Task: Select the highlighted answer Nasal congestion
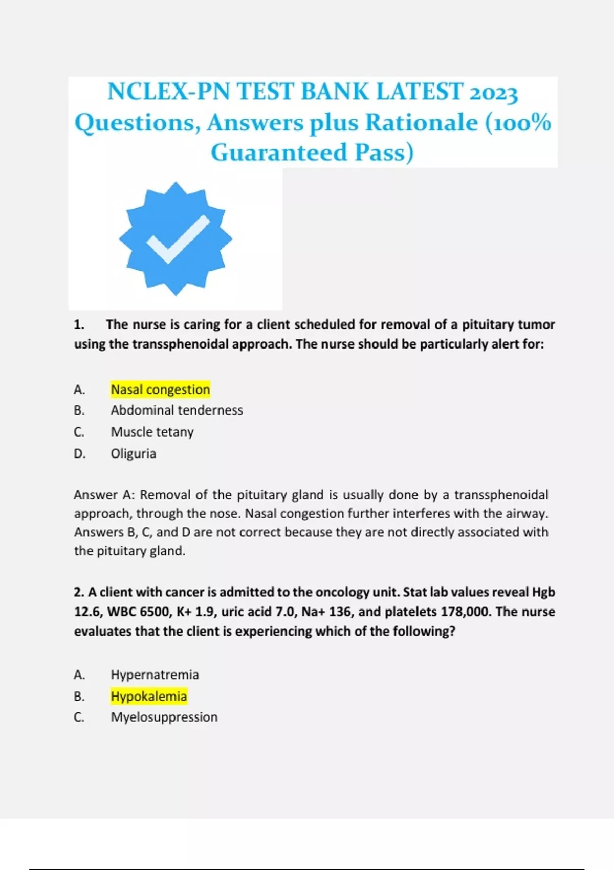160,389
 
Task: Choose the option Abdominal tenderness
177,410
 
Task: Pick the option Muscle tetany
152,432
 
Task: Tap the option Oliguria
133,453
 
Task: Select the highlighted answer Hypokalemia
148,696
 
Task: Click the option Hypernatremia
155,675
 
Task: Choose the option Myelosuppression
164,717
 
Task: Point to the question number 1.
79,324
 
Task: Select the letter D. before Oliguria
79,453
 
